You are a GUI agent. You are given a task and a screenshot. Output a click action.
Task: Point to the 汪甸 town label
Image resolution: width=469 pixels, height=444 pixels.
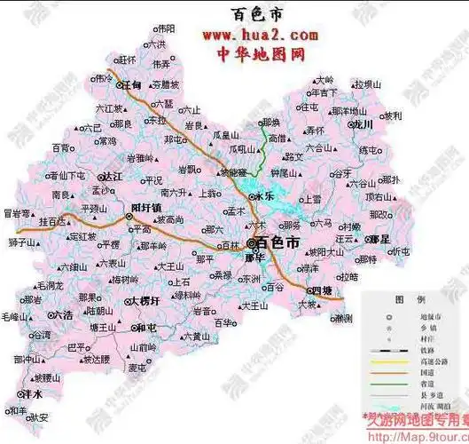coord(131,85)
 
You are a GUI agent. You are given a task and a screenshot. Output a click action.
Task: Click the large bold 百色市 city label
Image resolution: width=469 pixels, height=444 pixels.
coord(277,242)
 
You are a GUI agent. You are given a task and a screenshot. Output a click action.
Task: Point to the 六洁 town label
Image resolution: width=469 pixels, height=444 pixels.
coord(63,314)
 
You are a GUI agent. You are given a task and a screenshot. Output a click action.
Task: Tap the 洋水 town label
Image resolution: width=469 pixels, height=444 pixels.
coord(35,393)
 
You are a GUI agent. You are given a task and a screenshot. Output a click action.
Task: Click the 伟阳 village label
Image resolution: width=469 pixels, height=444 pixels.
coord(165,28)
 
